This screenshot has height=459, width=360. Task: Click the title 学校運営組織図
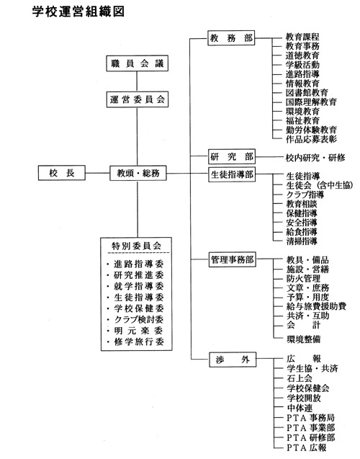click(x=78, y=12)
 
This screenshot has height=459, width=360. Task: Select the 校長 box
click(x=62, y=173)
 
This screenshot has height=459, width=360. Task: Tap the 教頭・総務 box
click(x=138, y=173)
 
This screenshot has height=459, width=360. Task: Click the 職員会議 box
click(x=137, y=63)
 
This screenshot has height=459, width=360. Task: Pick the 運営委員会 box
click(x=138, y=99)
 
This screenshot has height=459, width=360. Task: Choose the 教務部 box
click(x=231, y=38)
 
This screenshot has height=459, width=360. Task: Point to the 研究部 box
click(x=232, y=157)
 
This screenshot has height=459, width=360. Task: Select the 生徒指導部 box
click(x=232, y=175)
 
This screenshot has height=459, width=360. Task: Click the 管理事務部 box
click(x=233, y=259)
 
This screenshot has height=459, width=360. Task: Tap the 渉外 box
click(x=233, y=360)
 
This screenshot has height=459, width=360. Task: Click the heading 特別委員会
click(x=137, y=246)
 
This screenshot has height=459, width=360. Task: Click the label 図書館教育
click(x=307, y=93)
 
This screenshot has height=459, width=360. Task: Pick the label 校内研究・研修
click(x=315, y=158)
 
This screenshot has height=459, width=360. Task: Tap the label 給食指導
click(x=302, y=232)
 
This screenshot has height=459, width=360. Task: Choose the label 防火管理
click(x=304, y=278)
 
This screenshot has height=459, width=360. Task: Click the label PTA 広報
click(x=307, y=447)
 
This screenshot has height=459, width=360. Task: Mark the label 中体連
click(x=300, y=408)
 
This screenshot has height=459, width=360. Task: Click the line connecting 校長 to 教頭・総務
click(x=97, y=173)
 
